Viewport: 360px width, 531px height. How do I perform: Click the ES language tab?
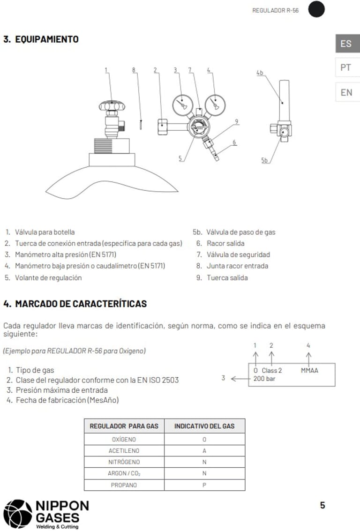pos(346,44)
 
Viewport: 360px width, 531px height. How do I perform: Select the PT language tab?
pos(346,67)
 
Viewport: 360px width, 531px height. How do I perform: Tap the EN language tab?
pos(346,92)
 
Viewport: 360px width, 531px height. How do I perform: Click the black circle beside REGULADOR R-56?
pos(316,10)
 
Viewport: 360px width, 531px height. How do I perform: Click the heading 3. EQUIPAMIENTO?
pos(41,39)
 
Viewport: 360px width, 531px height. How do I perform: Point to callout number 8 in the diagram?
pos(134,70)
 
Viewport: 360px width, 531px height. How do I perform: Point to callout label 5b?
pos(265,161)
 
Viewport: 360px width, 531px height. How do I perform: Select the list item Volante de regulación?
pos(48,277)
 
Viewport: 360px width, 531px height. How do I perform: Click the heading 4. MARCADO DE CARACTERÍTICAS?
pos(75,304)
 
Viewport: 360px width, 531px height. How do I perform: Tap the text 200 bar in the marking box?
pos(264,379)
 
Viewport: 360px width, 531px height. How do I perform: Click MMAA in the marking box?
pos(309,371)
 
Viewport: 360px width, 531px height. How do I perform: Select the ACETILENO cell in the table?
pos(124,450)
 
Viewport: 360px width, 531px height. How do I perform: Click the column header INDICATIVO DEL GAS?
pos(204,426)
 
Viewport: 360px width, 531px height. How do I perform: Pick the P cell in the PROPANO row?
pos(204,485)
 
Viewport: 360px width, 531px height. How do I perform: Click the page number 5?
pos(322,505)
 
